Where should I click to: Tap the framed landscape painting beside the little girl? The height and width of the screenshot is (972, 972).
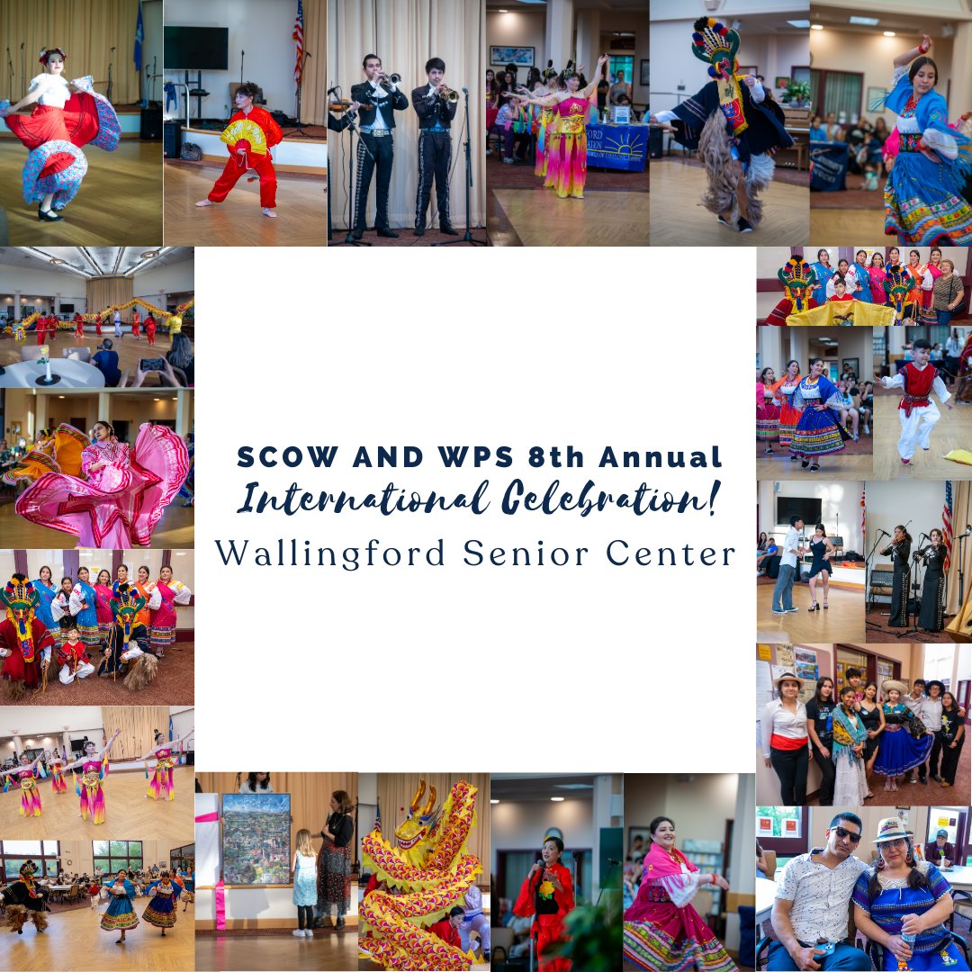click(256, 838)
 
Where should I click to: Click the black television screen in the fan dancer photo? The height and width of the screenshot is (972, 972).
click(195, 48)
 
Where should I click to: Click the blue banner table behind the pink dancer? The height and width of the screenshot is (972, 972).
click(617, 147)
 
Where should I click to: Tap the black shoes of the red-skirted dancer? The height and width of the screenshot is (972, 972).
click(49, 214)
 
